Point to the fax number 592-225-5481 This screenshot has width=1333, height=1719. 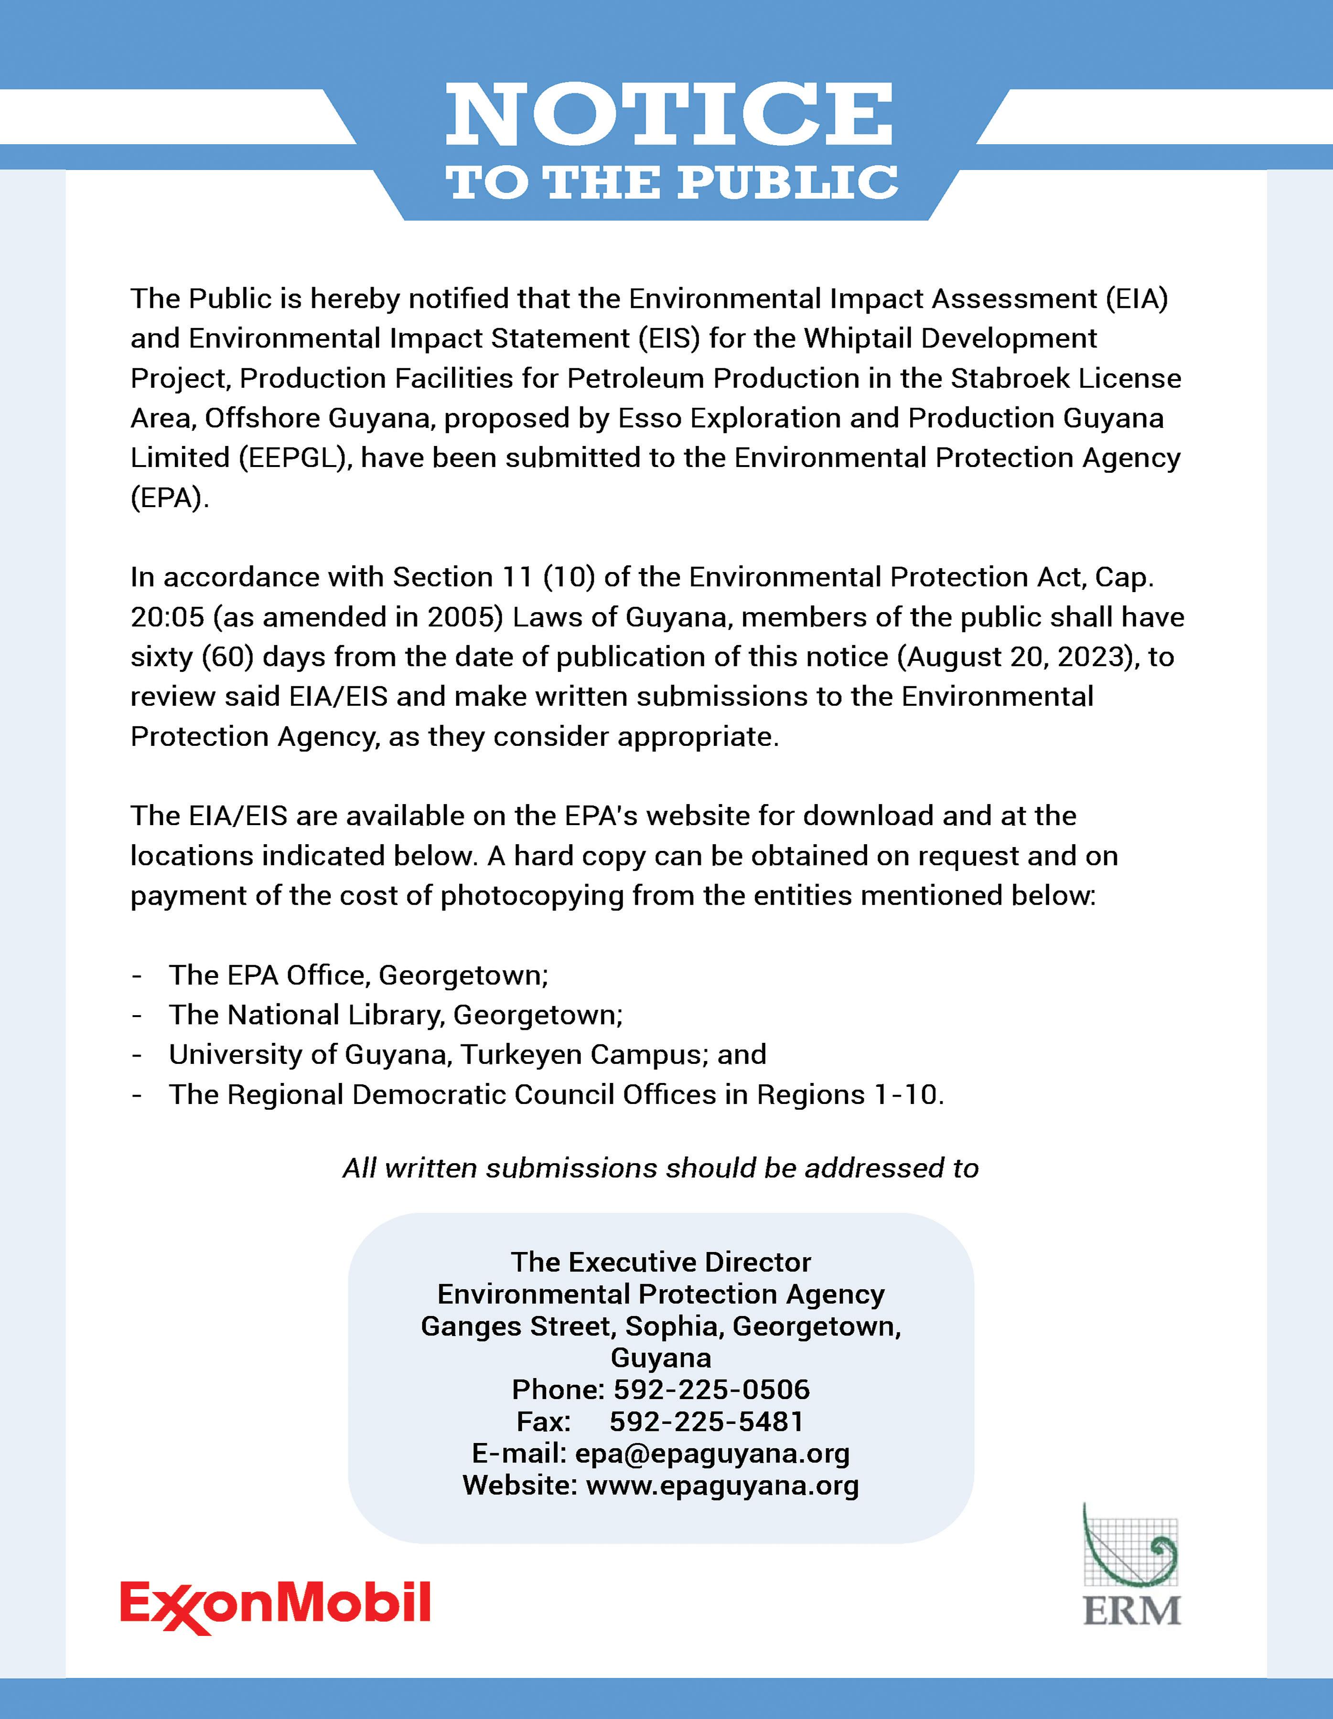point(706,1422)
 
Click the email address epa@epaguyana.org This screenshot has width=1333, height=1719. point(712,1453)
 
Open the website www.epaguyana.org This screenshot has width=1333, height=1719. point(722,1485)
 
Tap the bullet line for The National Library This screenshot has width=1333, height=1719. point(395,1015)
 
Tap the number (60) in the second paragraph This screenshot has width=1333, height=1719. point(227,657)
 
